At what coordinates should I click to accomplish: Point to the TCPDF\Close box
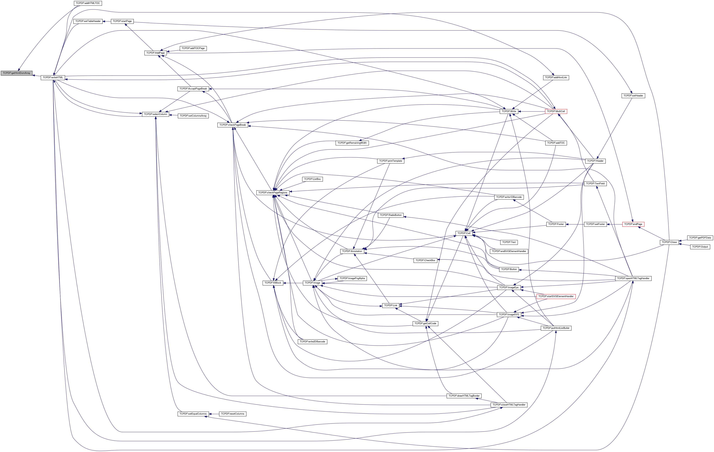click(669, 242)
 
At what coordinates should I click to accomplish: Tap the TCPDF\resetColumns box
click(233, 414)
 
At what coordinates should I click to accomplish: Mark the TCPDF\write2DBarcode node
click(312, 342)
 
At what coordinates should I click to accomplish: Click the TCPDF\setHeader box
click(633, 96)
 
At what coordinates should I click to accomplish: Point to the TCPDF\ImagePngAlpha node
click(352, 278)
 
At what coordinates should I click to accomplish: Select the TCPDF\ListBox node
click(312, 179)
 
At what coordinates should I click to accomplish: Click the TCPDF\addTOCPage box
click(193, 48)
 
